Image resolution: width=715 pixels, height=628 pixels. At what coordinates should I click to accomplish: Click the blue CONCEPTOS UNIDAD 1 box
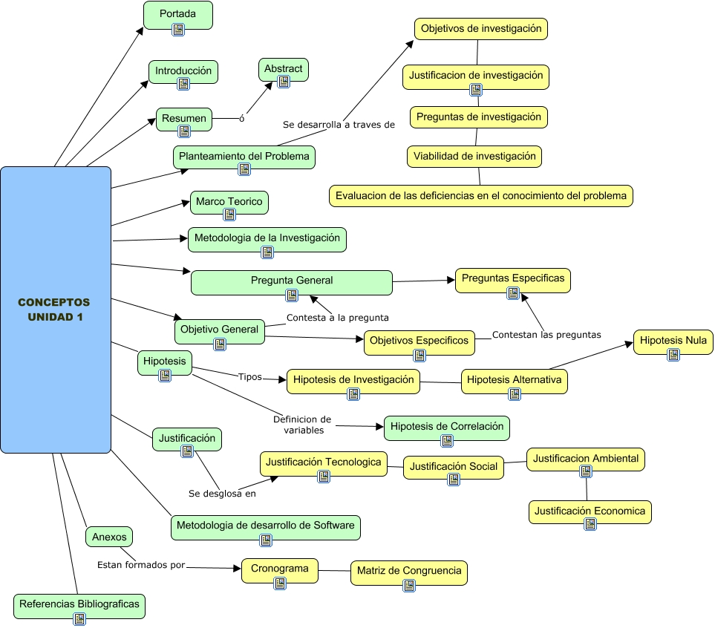(x=56, y=310)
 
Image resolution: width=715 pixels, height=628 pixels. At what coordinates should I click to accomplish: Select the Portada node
(x=177, y=14)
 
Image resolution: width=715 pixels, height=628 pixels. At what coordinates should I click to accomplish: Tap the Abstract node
(x=283, y=69)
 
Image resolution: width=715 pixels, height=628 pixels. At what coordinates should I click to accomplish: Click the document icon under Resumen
(x=184, y=132)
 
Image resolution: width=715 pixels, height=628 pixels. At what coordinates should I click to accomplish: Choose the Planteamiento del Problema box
(x=244, y=157)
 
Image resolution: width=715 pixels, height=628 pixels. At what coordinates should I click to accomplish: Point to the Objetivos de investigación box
(x=480, y=29)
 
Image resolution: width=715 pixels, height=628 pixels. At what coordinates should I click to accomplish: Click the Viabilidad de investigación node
(x=474, y=157)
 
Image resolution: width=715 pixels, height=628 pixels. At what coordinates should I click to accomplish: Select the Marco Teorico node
(x=229, y=202)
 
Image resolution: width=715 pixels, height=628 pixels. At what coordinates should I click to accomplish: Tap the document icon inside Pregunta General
(x=292, y=295)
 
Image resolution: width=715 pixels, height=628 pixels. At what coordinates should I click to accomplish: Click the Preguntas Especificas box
(x=512, y=279)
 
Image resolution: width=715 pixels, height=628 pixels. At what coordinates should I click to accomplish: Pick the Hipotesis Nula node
(x=673, y=341)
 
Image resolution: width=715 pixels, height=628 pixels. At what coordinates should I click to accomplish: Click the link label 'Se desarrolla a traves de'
(x=339, y=125)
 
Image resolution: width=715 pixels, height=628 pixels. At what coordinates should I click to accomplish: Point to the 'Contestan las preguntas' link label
(x=546, y=335)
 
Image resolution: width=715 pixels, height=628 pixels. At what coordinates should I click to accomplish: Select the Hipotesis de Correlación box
(x=446, y=427)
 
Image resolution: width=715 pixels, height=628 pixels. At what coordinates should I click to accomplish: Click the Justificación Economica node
(x=590, y=511)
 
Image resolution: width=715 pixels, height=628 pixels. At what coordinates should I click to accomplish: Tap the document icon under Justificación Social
(x=454, y=480)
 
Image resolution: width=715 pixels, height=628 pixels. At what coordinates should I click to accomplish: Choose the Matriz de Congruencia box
(x=408, y=572)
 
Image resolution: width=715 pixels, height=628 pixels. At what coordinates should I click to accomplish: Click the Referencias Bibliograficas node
(x=79, y=605)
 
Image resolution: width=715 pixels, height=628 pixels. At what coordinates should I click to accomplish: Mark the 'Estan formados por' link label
(x=141, y=566)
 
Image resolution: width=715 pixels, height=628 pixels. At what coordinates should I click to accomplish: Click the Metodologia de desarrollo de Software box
(x=266, y=526)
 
